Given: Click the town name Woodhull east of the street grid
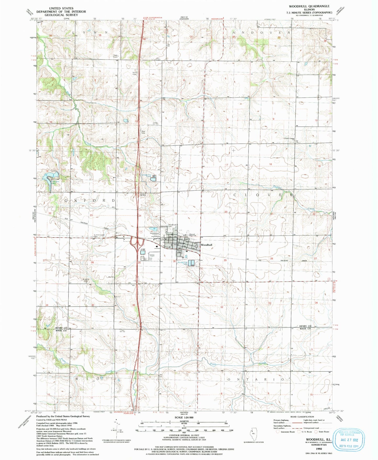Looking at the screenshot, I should tap(206, 245).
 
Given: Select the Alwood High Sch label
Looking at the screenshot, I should tap(192, 235).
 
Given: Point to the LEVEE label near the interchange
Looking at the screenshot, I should tap(143, 249).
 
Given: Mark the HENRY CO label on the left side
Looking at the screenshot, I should tap(61, 328).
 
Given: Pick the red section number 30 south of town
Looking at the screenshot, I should tap(174, 261).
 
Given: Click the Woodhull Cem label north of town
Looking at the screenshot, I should tap(172, 226).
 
